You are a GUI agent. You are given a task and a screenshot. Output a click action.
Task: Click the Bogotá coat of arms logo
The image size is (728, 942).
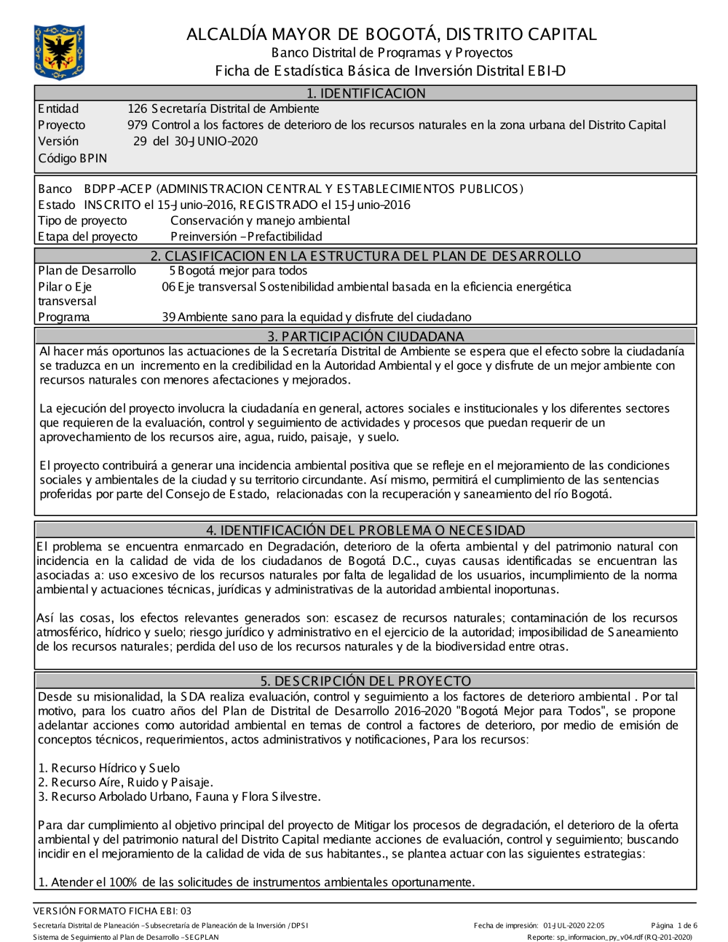click(59, 52)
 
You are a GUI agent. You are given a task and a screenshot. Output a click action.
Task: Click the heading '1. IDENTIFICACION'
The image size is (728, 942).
click(365, 93)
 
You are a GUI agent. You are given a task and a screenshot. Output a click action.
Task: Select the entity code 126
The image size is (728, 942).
click(137, 109)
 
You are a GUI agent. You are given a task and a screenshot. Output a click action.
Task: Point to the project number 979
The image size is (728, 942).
click(138, 125)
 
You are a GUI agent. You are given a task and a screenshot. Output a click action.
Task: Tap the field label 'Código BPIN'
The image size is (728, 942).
click(72, 158)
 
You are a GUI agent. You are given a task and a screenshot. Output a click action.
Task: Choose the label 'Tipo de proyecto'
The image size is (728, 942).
click(82, 221)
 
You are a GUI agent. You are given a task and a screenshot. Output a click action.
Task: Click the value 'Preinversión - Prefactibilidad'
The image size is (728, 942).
click(246, 237)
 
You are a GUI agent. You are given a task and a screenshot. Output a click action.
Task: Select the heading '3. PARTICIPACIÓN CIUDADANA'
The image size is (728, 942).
click(365, 336)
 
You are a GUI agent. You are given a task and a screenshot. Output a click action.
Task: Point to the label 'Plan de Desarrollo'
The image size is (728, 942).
click(87, 271)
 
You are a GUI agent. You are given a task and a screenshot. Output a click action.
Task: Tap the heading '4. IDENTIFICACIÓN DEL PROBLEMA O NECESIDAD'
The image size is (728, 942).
click(365, 531)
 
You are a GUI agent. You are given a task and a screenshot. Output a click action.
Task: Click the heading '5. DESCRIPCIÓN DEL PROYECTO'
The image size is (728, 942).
click(365, 681)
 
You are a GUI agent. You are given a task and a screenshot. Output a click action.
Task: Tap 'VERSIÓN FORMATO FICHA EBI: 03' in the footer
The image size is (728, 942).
click(112, 911)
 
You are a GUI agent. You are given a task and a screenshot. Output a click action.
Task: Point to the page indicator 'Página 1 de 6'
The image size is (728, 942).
click(674, 926)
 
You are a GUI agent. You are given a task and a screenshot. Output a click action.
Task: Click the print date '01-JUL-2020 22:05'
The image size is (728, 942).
click(574, 926)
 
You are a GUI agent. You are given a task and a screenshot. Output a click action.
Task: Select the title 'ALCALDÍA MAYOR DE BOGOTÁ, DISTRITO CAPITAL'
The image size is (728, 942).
click(391, 34)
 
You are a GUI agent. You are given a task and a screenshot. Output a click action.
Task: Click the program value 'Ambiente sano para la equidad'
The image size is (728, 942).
click(317, 317)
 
